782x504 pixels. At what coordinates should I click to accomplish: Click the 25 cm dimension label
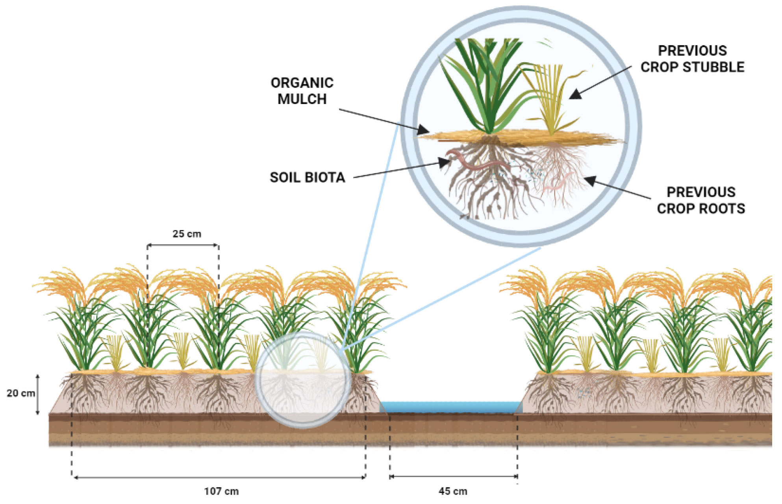pos(187,234)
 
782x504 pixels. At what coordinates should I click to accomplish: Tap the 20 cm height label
pos(20,393)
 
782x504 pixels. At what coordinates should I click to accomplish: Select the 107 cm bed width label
pos(221,491)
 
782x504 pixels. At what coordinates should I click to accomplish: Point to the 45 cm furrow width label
pos(453,491)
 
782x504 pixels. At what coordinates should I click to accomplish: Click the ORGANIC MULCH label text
pos(302,91)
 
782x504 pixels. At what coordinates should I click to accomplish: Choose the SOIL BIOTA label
pos(307,178)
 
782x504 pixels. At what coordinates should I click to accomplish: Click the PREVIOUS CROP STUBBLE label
pos(692,59)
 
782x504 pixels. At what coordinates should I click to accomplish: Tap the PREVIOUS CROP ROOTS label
pos(700,200)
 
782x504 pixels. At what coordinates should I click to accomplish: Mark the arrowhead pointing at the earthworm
pos(445,162)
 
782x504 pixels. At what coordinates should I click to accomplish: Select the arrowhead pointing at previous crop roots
pos(589,181)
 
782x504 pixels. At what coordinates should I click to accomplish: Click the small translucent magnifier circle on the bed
pos(303,380)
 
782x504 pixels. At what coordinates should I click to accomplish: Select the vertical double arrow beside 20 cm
pos(38,394)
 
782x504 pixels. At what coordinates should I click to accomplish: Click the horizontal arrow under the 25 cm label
pos(183,245)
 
